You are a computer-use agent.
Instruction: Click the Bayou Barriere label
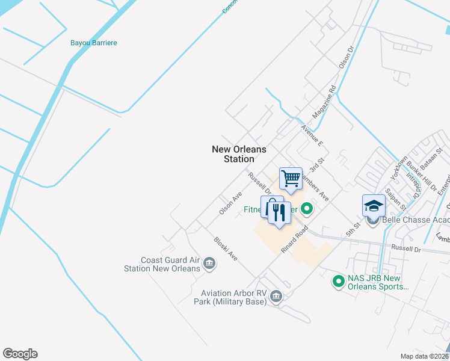[93, 43]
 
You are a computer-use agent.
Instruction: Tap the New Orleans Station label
[239, 154]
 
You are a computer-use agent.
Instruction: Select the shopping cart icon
[291, 178]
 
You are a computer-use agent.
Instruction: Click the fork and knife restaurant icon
[279, 213]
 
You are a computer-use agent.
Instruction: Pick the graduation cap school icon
[373, 205]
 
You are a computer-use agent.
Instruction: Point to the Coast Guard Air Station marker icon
[209, 262]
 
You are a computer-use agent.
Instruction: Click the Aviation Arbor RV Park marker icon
[276, 295]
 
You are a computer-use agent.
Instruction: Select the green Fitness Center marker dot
[307, 209]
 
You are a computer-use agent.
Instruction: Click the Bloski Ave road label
[226, 248]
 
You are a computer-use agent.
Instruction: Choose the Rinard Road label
[294, 239]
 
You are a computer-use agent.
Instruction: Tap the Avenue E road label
[312, 136]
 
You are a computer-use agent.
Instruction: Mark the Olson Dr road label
[346, 58]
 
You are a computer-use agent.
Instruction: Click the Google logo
[20, 354]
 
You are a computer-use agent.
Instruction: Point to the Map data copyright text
[425, 356]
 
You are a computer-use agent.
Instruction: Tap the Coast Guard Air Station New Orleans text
[161, 264]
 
